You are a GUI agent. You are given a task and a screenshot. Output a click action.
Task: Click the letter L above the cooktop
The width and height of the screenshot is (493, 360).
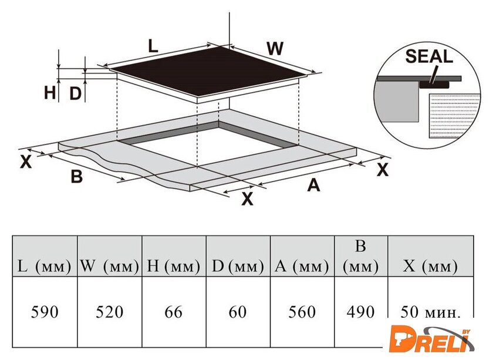pos(153,46)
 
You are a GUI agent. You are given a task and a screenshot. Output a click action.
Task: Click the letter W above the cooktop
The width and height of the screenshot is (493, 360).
pos(275,48)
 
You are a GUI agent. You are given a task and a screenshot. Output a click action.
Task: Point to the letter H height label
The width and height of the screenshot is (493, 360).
pos(50,93)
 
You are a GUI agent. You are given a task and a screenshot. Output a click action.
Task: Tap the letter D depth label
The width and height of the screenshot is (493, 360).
pos(75,93)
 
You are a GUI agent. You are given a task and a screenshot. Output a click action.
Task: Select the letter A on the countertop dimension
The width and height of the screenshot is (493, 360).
pos(313,185)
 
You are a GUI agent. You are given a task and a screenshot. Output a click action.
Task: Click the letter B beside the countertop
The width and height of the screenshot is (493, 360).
pos(77,176)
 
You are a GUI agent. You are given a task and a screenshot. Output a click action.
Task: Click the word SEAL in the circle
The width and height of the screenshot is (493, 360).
pos(429,56)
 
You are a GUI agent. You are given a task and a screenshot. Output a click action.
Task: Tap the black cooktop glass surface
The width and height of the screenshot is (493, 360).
pos(208,72)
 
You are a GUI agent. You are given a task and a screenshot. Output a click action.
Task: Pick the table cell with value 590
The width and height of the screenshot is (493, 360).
pos(45,312)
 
